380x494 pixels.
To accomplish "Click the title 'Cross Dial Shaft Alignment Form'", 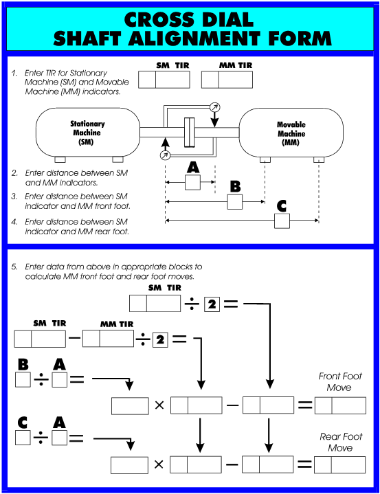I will [x=190, y=27].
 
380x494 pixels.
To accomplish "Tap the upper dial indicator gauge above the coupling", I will [x=215, y=107].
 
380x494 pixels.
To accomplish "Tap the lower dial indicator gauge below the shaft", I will [x=165, y=156].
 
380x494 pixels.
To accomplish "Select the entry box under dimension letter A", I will [x=193, y=182].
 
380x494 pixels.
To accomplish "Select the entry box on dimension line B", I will [x=235, y=202].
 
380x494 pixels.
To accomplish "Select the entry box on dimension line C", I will [x=281, y=221].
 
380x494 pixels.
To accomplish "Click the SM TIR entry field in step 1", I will [x=164, y=80].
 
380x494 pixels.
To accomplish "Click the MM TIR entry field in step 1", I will [x=227, y=80].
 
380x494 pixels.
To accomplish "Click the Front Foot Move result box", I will [x=340, y=405].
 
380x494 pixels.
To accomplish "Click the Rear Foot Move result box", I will [x=340, y=464].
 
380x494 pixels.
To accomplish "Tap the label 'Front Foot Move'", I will [x=335, y=382].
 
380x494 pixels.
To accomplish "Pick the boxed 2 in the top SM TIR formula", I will [x=212, y=303].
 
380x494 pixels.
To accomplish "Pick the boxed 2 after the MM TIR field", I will [x=160, y=339].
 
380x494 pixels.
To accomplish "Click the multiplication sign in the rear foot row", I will [x=159, y=465].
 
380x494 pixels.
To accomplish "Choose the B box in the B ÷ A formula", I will [x=23, y=379].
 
